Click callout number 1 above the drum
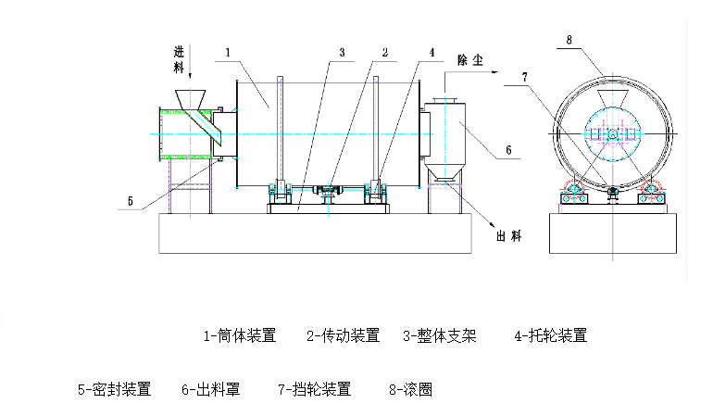click(227, 53)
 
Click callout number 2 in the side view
click(382, 53)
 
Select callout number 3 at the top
click(342, 53)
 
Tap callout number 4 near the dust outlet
click(431, 53)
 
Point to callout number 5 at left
click(130, 200)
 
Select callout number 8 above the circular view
click(569, 39)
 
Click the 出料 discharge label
click(509, 236)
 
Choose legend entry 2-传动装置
click(344, 335)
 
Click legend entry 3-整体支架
click(440, 335)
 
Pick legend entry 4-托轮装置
click(551, 335)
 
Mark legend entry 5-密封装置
click(114, 390)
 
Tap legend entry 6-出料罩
click(211, 390)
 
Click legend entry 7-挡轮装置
click(315, 390)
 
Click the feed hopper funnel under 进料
click(192, 98)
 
